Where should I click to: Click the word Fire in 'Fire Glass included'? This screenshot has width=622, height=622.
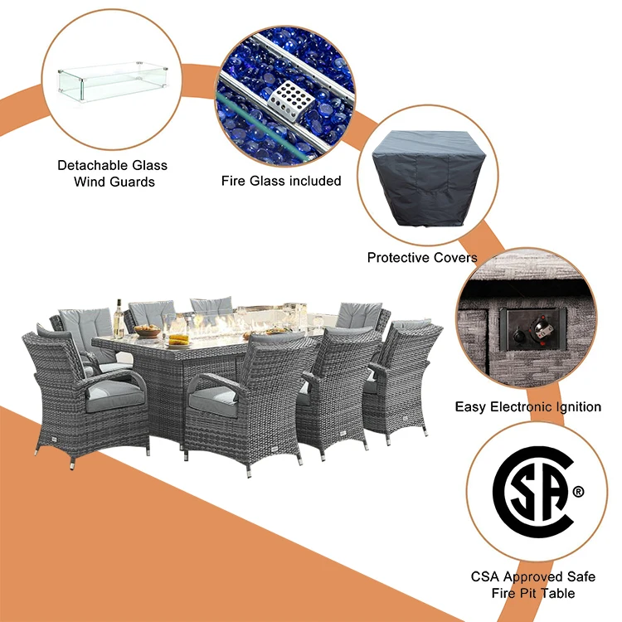pyautogui.click(x=235, y=180)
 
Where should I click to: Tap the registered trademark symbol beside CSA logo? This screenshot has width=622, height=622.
pyautogui.click(x=578, y=492)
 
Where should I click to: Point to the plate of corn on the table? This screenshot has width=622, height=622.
pyautogui.click(x=177, y=338)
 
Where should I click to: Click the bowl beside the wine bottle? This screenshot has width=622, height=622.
pyautogui.click(x=147, y=331)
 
